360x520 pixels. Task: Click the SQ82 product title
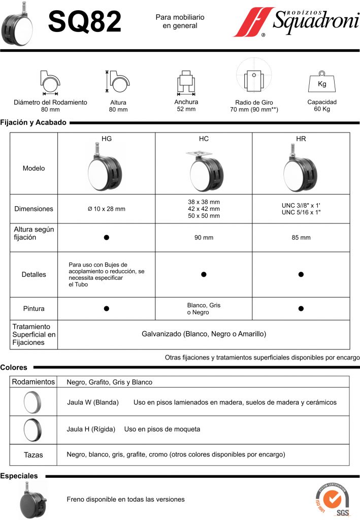click(85, 22)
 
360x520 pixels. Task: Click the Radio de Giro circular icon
click(251, 77)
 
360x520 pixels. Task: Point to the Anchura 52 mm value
click(186, 109)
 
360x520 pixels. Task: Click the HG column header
click(107, 138)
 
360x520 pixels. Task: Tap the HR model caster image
click(301, 169)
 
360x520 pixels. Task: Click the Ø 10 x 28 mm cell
click(107, 209)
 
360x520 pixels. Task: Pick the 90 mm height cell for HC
click(204, 237)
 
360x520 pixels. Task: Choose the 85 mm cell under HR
click(301, 237)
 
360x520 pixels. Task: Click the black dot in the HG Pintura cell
click(107, 308)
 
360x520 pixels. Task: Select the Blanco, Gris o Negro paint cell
click(204, 309)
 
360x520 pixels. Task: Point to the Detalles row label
click(34, 274)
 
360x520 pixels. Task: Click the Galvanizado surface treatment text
click(204, 334)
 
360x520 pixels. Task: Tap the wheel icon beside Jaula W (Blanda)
click(34, 402)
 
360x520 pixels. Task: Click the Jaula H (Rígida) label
click(91, 429)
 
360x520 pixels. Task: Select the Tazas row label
click(34, 455)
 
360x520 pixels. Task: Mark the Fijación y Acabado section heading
click(34, 122)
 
